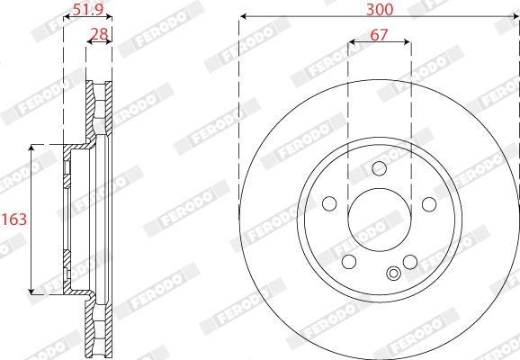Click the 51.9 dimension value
point(88,9)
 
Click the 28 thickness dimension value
point(100,34)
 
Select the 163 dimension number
point(14,220)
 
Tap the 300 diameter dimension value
point(380,9)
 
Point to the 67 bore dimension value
point(379,34)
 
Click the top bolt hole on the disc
point(379,168)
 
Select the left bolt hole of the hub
point(329,203)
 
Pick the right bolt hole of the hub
point(429,204)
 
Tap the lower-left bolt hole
point(349,262)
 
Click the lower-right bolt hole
point(410,262)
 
